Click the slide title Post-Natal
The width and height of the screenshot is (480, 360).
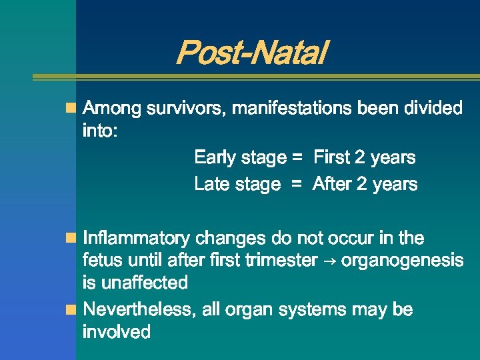[251, 53]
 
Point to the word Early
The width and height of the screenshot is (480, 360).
[215, 158]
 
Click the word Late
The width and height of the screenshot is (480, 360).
[211, 184]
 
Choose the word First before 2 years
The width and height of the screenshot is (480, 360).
[331, 158]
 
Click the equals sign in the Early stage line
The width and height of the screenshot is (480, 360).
[297, 158]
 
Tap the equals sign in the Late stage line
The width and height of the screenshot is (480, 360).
[297, 185]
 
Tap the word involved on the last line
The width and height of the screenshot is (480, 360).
[116, 332]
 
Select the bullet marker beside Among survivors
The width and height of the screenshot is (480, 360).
[71, 108]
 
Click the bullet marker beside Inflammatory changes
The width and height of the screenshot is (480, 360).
[71, 238]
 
